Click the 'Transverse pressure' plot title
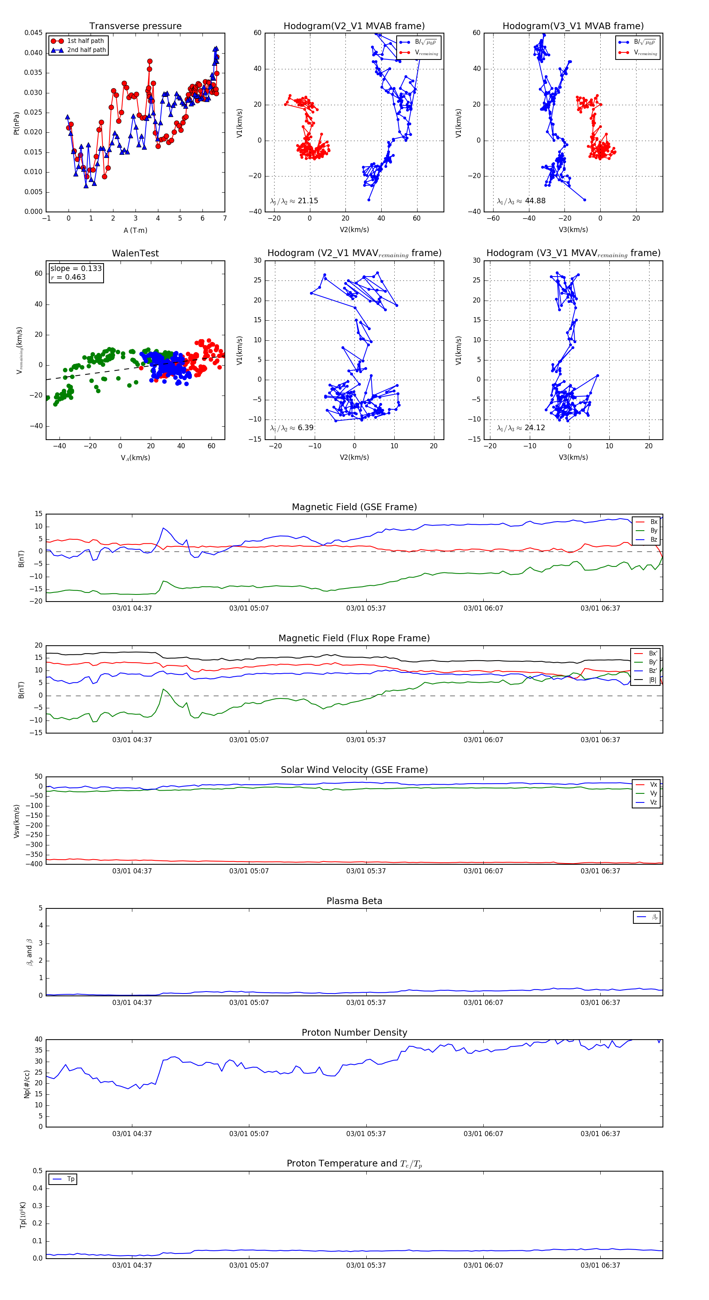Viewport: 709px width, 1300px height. pyautogui.click(x=135, y=26)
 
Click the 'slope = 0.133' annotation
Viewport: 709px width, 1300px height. pyautogui.click(x=76, y=269)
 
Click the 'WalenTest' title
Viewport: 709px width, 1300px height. pyautogui.click(x=135, y=253)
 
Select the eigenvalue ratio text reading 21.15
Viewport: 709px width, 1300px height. pyautogui.click(x=294, y=201)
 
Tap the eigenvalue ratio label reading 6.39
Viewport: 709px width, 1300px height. pyautogui.click(x=292, y=428)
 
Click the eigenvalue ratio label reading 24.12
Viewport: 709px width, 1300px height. pyautogui.click(x=521, y=428)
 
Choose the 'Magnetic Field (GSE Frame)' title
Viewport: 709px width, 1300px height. pyautogui.click(x=354, y=507)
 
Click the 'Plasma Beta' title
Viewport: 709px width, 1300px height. pyautogui.click(x=354, y=901)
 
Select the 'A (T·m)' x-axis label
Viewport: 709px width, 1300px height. pyautogui.click(x=135, y=230)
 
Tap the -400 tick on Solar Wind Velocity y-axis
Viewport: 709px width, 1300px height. pyautogui.click(x=35, y=864)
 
